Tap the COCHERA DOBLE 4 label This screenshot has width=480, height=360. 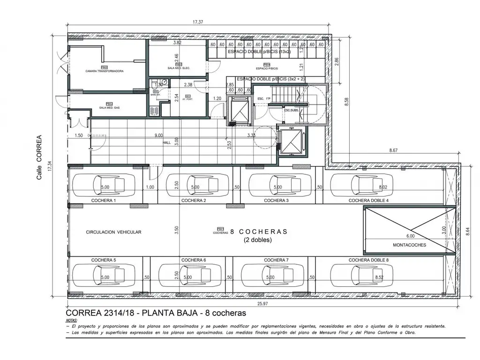pos(368,200)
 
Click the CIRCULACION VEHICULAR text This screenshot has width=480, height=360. pos(113,232)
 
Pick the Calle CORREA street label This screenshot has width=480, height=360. pos(39,157)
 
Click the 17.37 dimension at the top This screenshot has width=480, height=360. pos(200,22)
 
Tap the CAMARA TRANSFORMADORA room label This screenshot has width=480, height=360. pos(105,71)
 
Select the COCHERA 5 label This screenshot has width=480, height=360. pos(104,260)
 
